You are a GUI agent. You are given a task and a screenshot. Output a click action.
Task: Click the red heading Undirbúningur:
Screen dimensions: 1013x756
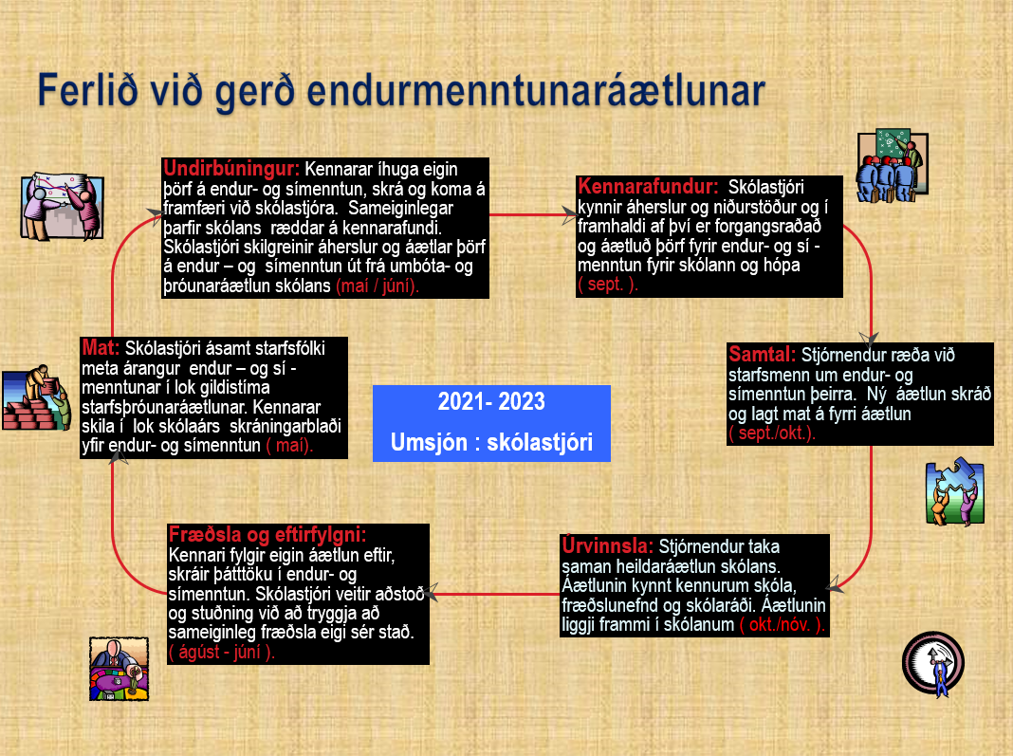pos(231,169)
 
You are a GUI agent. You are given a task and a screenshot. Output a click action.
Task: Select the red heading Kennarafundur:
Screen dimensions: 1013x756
pos(648,187)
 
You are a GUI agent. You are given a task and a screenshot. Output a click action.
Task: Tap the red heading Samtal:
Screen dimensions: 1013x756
pos(763,354)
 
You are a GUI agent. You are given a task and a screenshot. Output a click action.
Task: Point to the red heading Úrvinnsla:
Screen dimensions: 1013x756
pos(607,545)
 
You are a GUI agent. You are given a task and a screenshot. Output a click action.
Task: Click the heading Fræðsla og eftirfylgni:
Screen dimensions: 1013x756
pos(267,534)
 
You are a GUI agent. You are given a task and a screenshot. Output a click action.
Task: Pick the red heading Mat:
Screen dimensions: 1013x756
pos(101,347)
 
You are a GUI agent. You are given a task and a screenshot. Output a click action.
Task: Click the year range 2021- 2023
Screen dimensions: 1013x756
pos(491,401)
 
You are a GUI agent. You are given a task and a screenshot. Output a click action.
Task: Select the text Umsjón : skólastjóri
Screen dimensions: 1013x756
pos(491,443)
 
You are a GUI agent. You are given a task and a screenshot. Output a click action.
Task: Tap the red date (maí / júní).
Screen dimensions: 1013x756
pos(378,286)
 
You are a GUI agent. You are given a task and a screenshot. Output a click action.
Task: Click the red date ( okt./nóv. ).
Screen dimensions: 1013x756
pos(783,625)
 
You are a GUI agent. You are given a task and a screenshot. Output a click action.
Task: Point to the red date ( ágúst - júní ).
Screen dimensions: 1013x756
pos(222,652)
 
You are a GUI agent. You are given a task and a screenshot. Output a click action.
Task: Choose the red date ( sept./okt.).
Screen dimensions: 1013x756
pos(772,433)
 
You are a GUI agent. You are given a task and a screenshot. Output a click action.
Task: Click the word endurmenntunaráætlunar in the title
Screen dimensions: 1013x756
pos(536,91)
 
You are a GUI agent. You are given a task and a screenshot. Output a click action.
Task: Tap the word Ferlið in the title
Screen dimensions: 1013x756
pos(88,90)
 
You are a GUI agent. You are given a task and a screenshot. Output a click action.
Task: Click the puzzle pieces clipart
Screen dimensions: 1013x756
pos(955,492)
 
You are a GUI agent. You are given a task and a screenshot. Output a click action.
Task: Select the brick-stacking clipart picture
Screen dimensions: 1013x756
pos(35,398)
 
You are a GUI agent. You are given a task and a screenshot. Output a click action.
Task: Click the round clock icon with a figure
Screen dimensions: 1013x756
pos(933,664)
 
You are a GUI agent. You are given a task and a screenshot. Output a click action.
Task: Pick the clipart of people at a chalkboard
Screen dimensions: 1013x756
pos(893,165)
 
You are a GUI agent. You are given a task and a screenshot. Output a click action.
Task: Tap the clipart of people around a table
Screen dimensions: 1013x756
pos(119,669)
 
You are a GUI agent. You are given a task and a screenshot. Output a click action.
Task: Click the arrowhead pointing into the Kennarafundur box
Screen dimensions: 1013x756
pos(568,214)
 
